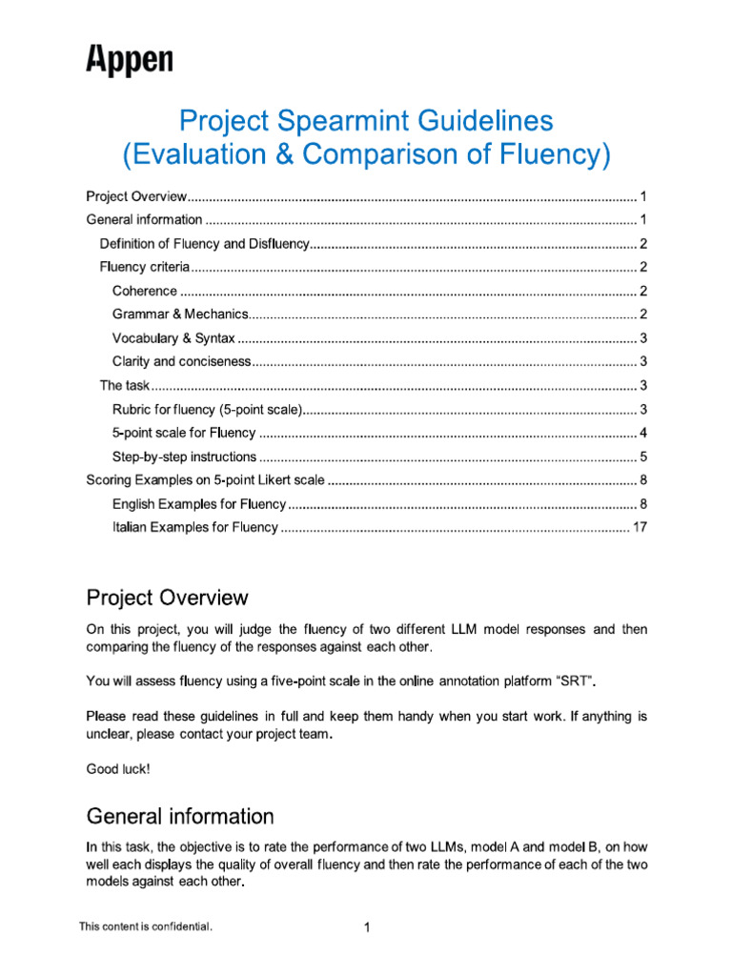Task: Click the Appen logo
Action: (x=130, y=60)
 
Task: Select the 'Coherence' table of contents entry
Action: (x=145, y=291)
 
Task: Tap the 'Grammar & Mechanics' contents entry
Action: (x=180, y=315)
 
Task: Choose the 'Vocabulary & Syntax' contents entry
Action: (x=173, y=338)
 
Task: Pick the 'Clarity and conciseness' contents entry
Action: (x=181, y=361)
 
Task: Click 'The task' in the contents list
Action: (x=125, y=385)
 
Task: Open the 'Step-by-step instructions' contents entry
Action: (x=184, y=457)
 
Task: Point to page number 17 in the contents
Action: (x=640, y=527)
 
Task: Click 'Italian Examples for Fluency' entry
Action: (x=194, y=527)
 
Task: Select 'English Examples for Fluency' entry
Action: (x=199, y=503)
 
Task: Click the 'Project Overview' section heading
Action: (x=167, y=599)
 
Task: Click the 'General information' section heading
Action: (x=180, y=817)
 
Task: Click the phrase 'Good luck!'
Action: (x=118, y=768)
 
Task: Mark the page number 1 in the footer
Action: (x=366, y=927)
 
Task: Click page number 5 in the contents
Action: (x=643, y=457)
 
